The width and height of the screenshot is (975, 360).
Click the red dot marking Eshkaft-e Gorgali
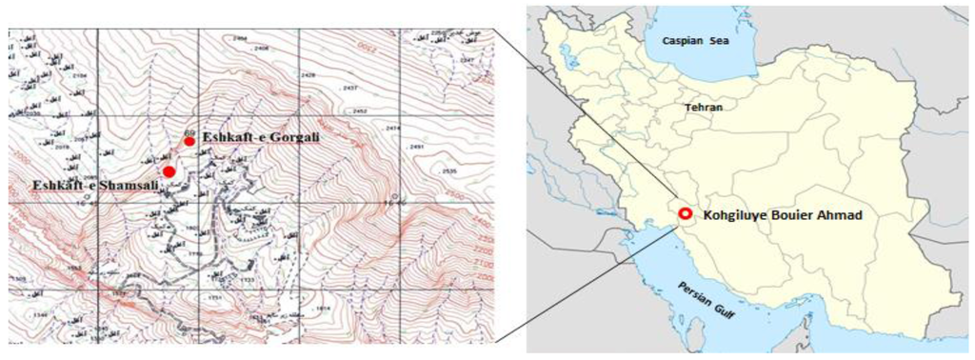click(189, 141)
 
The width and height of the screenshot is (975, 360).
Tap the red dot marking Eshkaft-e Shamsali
click(169, 171)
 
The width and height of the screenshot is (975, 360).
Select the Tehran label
click(704, 108)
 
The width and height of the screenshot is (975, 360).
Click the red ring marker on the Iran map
click(686, 214)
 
